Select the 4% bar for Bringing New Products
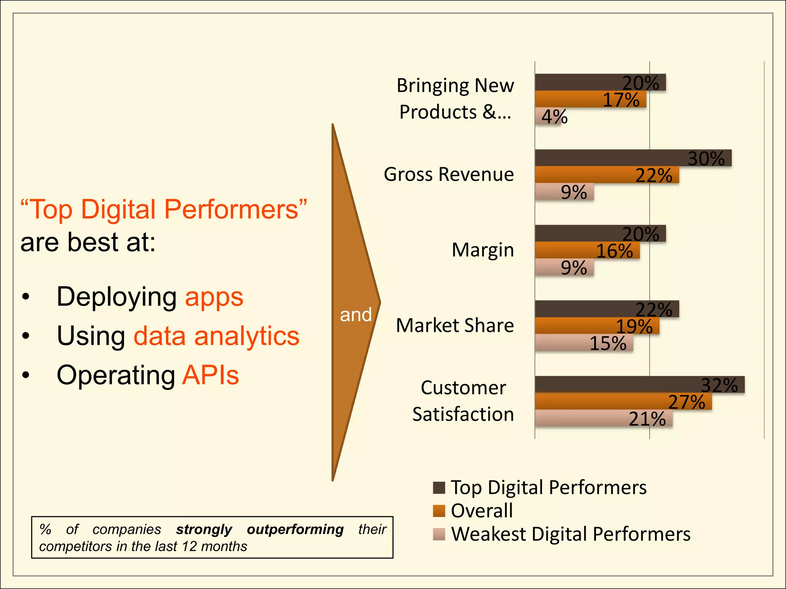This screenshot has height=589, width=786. pos(548,117)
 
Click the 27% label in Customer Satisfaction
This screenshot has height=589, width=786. pos(687,402)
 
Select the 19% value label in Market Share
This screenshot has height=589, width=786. pos(634,326)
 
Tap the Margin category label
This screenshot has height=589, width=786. pos(482,250)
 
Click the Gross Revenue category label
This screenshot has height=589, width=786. pos(449,174)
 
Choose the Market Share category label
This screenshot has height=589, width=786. pos(455,326)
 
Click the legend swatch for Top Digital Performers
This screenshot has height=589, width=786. pos(439,488)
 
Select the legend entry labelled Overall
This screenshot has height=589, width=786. pos(482,511)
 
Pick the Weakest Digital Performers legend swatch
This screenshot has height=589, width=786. pos(439,534)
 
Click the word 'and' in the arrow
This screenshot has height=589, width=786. pos(355,315)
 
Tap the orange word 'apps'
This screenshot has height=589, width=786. pos(214,297)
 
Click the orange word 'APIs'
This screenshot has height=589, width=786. pos(210,375)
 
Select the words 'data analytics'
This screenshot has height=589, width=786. pos(216,336)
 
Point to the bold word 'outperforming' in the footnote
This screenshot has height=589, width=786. pos(295,529)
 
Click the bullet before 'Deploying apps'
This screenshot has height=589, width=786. pos(26,297)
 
